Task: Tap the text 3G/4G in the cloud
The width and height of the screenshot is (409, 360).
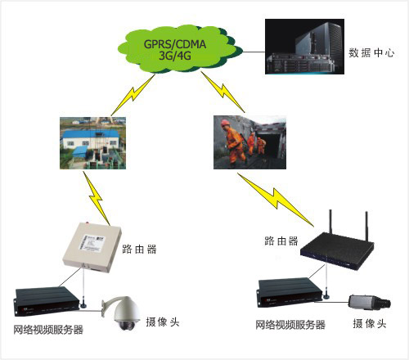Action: click(x=175, y=56)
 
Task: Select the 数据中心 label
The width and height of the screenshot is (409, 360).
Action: click(x=371, y=52)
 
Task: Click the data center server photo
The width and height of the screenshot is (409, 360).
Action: click(x=304, y=47)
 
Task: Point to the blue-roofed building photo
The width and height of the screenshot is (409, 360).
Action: click(x=92, y=143)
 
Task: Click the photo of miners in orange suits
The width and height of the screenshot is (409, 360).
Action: click(x=249, y=142)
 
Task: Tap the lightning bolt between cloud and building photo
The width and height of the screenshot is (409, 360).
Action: click(x=133, y=95)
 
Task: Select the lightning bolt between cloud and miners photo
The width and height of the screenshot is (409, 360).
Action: click(x=223, y=92)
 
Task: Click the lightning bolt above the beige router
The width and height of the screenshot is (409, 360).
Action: click(x=97, y=198)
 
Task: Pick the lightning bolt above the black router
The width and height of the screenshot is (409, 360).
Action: click(x=276, y=199)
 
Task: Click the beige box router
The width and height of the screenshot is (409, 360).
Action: click(x=92, y=247)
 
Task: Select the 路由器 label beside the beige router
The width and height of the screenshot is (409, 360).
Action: click(x=139, y=250)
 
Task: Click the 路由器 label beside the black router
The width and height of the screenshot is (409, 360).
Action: click(x=281, y=241)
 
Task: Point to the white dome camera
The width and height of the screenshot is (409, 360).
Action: click(x=122, y=313)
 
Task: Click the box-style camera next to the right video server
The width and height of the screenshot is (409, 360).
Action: click(x=370, y=302)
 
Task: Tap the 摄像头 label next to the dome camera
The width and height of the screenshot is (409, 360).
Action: click(x=163, y=322)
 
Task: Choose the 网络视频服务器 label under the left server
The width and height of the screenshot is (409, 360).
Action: click(x=48, y=330)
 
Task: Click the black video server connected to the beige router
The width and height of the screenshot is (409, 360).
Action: click(x=47, y=301)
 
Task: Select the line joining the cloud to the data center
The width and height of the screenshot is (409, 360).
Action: click(x=254, y=52)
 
